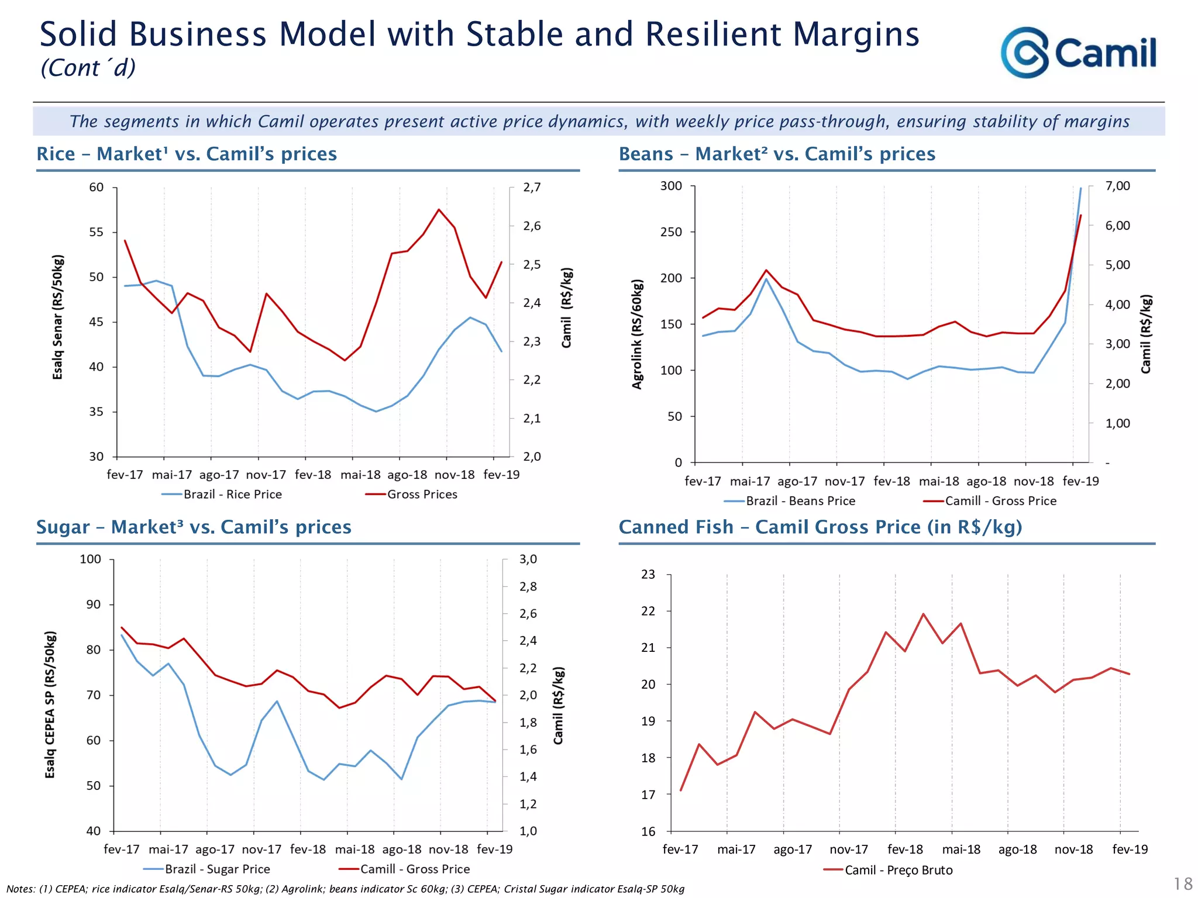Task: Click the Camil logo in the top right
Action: (1078, 53)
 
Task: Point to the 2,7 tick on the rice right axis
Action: (532, 187)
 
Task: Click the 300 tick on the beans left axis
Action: (671, 186)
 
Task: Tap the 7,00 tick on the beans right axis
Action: (1117, 186)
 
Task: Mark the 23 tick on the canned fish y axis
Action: (648, 574)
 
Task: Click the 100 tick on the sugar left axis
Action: (90, 559)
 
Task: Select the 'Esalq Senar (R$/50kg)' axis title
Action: (57, 317)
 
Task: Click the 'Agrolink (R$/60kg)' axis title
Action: (637, 334)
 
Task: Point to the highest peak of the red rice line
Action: (439, 209)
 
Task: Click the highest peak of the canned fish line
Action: (924, 614)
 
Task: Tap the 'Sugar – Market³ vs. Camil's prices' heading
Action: (194, 527)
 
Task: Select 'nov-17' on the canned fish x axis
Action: (849, 849)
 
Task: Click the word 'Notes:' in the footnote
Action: (21, 889)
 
